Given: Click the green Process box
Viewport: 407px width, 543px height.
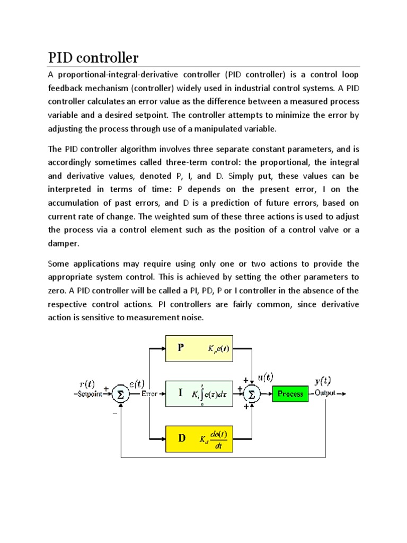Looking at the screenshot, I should pos(290,393).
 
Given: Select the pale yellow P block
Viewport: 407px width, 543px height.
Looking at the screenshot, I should pos(199,348).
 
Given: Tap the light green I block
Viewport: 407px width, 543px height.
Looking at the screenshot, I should pos(199,393).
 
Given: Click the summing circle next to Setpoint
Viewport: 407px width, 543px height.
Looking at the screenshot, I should pos(121,394).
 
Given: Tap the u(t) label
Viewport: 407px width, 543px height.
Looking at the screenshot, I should pos(265,377).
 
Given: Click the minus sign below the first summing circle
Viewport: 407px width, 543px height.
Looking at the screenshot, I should pos(113,414).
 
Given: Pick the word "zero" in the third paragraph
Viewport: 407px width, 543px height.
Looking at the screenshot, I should pos(58,291).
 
